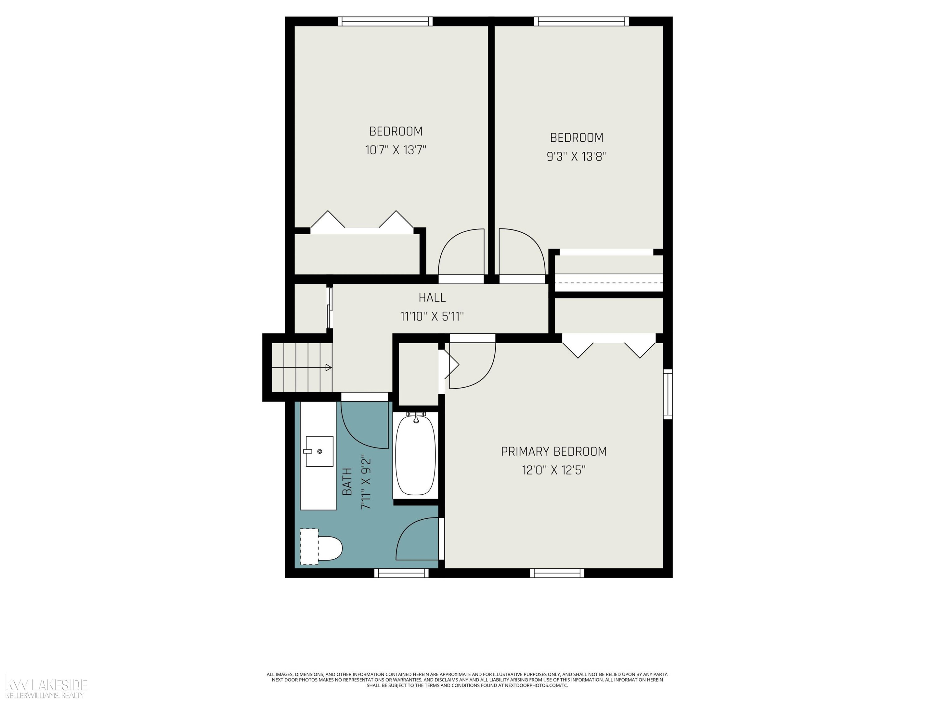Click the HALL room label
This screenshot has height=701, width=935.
(432, 298)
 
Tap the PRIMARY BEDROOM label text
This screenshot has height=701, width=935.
(554, 451)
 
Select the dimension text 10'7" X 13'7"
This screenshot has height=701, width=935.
(396, 150)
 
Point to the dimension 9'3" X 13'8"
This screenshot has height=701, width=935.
(577, 156)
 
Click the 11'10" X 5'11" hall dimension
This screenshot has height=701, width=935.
(432, 316)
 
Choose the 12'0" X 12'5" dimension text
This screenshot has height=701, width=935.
(554, 470)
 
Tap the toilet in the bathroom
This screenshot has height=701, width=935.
(321, 546)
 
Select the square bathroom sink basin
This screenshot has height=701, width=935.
(319, 451)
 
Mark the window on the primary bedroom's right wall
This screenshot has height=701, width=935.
(668, 394)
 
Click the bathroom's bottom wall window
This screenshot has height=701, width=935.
(401, 573)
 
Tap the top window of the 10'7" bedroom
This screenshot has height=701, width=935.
(385, 21)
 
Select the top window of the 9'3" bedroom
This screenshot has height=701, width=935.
(581, 21)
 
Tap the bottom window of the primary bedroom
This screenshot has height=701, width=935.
(557, 573)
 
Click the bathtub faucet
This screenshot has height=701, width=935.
(416, 417)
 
